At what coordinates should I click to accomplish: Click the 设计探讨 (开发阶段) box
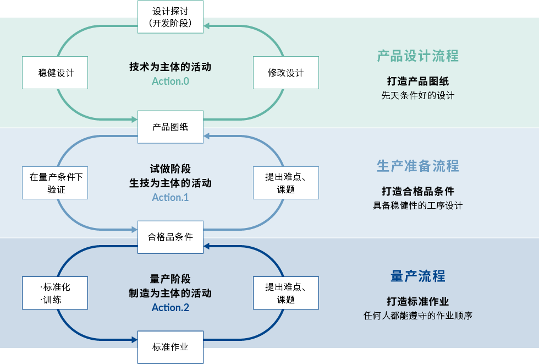point(170,17)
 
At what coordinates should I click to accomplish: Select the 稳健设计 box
point(55,73)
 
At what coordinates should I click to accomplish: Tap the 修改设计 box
point(286,73)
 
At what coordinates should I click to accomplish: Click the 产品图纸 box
point(170,127)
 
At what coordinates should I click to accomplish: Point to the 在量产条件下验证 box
point(55,183)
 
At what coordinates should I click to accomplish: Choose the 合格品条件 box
point(170,237)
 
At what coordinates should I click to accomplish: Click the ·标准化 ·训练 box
point(55,293)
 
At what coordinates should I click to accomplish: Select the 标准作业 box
point(170,347)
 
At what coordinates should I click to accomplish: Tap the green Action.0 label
point(170,81)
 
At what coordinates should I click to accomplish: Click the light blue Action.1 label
point(170,198)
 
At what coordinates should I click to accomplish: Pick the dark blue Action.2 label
point(170,308)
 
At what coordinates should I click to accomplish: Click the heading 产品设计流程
point(417,56)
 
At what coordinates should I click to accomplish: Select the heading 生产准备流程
point(417,166)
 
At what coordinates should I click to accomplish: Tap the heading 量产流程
point(417,276)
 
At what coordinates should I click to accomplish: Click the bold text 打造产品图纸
point(417,81)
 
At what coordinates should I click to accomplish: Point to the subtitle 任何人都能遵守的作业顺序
point(417,316)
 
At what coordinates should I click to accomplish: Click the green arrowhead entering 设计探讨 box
point(207,26)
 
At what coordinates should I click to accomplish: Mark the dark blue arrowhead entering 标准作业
point(134,340)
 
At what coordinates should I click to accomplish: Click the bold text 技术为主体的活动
point(170,67)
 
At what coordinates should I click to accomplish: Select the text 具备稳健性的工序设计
point(417,205)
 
